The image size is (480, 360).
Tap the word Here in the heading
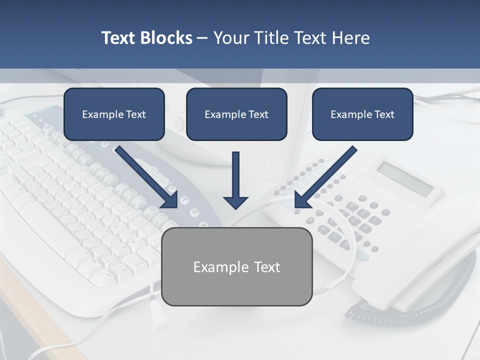[x=351, y=38]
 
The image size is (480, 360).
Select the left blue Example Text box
[x=114, y=114]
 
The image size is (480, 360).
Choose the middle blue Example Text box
[x=236, y=114]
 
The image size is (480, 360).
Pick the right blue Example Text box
[x=362, y=114]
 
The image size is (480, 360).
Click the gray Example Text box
[x=236, y=266]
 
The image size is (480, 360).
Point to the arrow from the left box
[x=147, y=177]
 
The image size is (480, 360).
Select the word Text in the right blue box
[x=384, y=114]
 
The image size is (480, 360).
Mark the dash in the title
[x=202, y=38]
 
